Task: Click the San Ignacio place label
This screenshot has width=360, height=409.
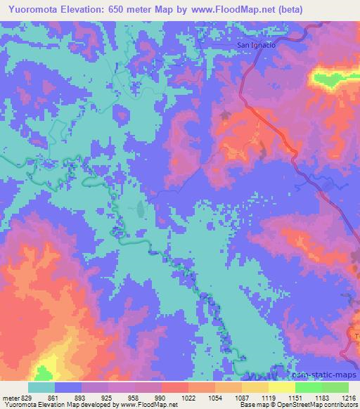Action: tap(256, 45)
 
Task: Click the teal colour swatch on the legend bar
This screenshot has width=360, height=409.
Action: tap(41, 387)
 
